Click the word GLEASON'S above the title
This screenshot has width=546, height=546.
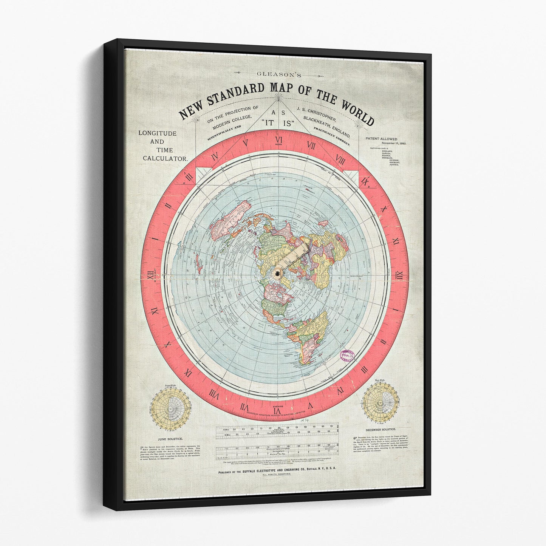point(278,74)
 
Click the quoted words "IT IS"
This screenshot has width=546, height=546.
point(278,123)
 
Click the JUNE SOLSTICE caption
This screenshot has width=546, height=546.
point(171,439)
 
